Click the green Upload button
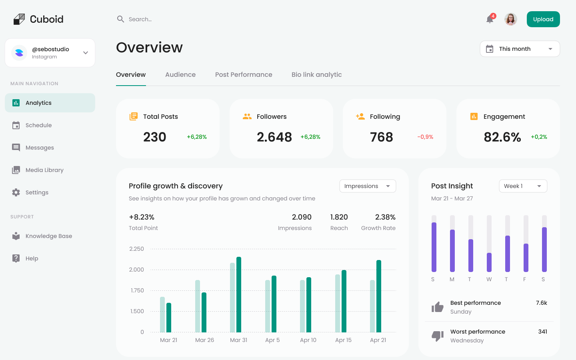[x=543, y=19]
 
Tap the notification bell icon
[x=490, y=19]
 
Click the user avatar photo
[x=510, y=19]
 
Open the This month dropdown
[x=520, y=49]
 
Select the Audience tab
[x=180, y=75]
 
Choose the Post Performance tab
[x=244, y=75]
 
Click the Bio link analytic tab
[x=316, y=75]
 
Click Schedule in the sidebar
[x=38, y=125]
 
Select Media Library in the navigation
[x=44, y=170]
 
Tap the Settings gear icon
[x=16, y=192]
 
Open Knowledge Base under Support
[x=48, y=236]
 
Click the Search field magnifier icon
[x=120, y=19]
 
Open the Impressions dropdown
[x=368, y=186]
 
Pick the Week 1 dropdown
[x=523, y=186]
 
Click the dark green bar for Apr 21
[x=379, y=296]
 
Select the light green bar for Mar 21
[x=162, y=314]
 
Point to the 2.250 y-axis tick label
[x=136, y=249]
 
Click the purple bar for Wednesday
[x=489, y=262]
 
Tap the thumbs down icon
[x=438, y=336]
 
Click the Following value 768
[x=381, y=137]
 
